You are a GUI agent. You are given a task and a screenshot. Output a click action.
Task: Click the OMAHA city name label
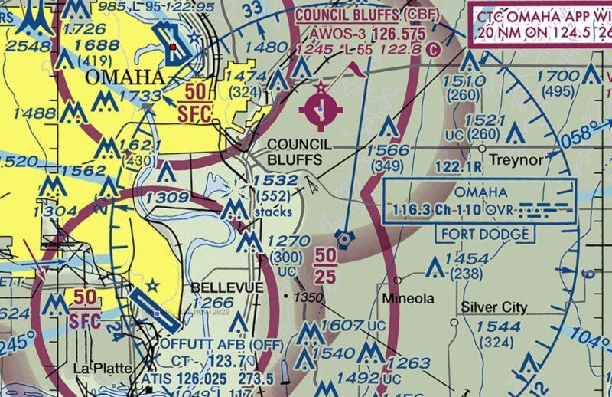[x=125, y=77]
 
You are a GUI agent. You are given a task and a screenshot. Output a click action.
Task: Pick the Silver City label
[x=493, y=307]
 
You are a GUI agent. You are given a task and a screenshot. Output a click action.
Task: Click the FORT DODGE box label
[x=483, y=234]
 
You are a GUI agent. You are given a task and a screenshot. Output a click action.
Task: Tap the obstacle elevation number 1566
[x=388, y=150]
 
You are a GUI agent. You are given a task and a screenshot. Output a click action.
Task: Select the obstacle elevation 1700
[x=558, y=76]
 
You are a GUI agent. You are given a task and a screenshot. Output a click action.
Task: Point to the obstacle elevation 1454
[x=466, y=258]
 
